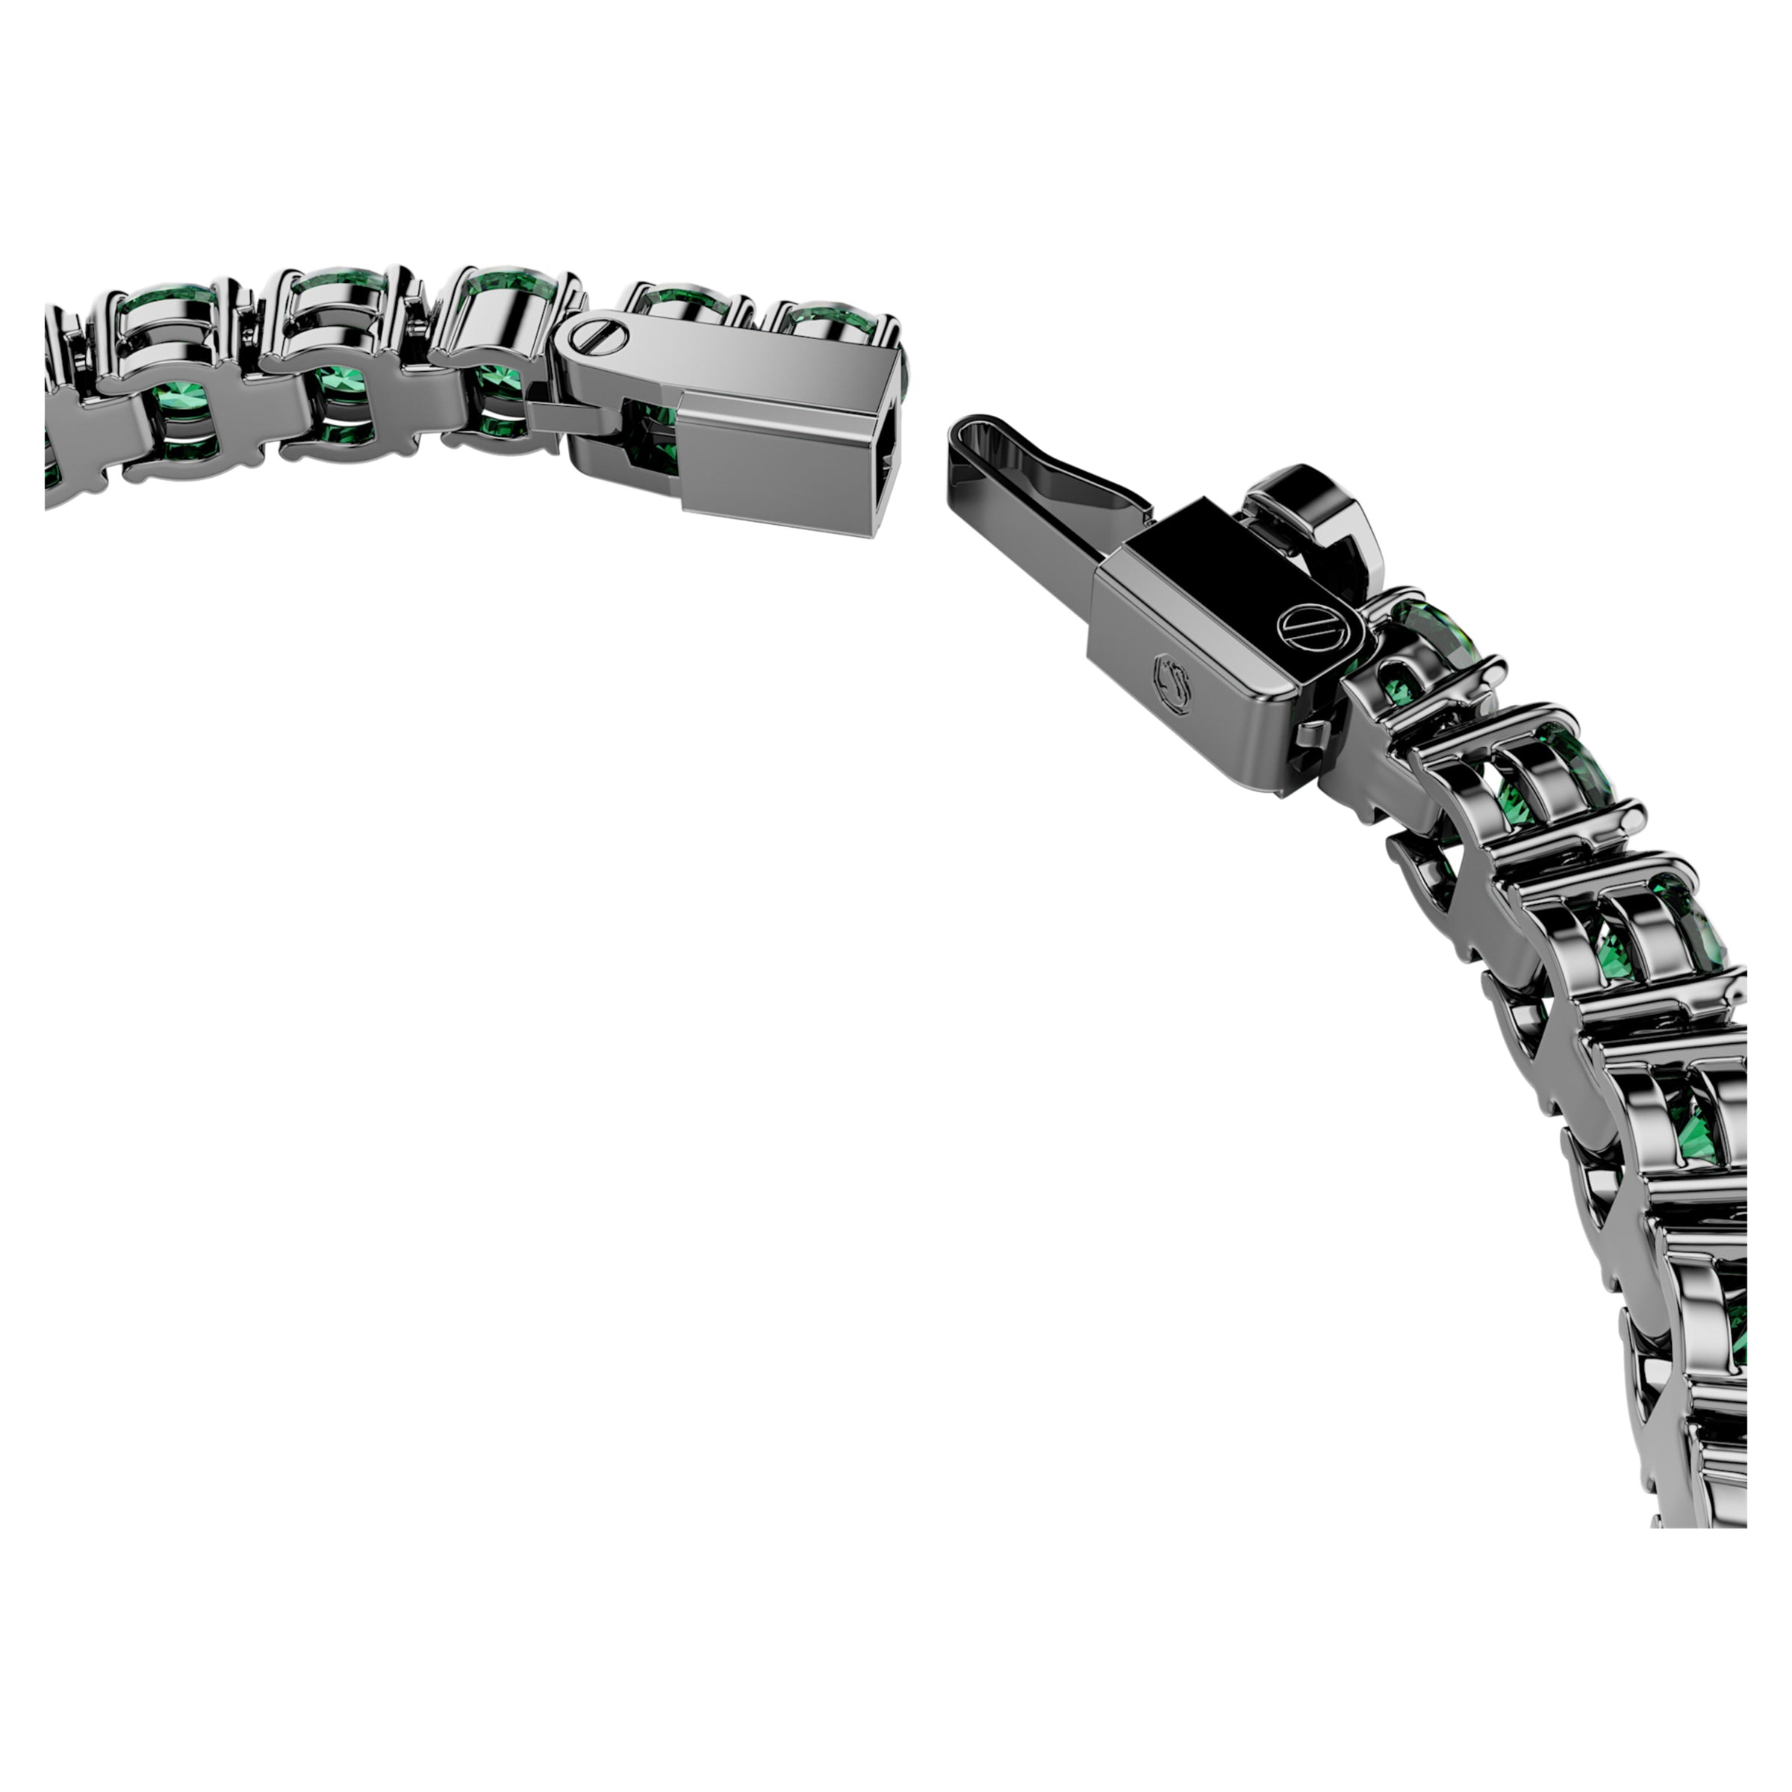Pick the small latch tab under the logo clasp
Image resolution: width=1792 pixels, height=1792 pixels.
pyautogui.click(x=1310, y=739)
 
